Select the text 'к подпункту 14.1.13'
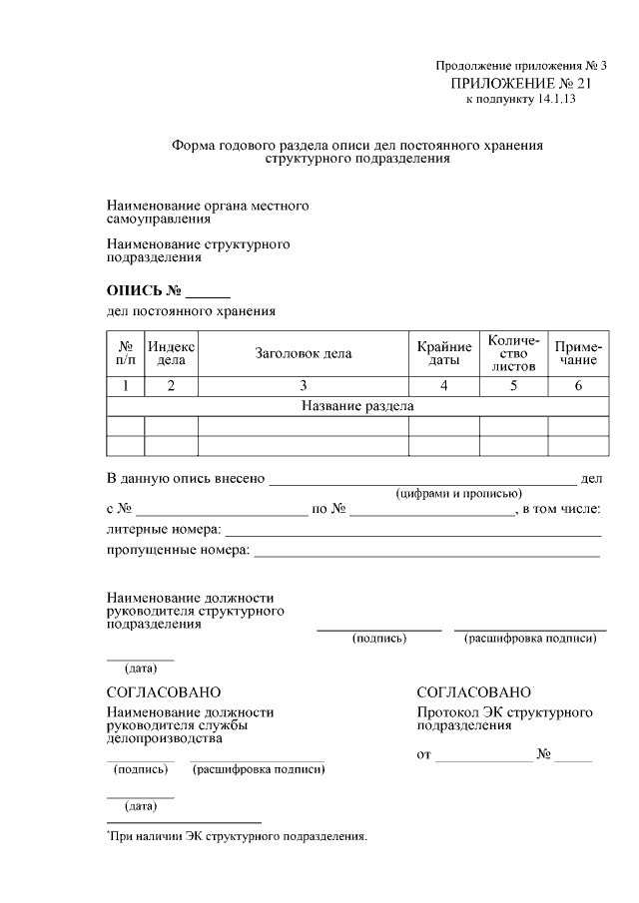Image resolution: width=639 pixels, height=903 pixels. [520, 99]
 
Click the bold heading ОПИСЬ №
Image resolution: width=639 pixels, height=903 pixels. [144, 291]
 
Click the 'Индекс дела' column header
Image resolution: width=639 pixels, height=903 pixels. [172, 352]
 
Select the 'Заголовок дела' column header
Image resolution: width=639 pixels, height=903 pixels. [304, 353]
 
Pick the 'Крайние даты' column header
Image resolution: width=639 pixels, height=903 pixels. [444, 353]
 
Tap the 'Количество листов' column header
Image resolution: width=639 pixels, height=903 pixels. [513, 353]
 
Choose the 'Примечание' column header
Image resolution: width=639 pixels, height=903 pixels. [578, 353]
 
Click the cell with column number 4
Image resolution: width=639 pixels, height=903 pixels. [444, 386]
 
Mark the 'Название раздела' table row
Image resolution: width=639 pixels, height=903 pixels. [356, 406]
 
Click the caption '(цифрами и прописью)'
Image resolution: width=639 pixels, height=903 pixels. [458, 493]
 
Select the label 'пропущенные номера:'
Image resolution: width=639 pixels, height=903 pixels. [178, 550]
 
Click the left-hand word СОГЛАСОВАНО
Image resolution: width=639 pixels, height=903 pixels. [164, 692]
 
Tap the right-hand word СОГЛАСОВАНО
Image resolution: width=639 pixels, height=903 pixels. [474, 692]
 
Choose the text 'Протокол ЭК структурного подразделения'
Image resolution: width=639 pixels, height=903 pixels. [504, 719]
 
